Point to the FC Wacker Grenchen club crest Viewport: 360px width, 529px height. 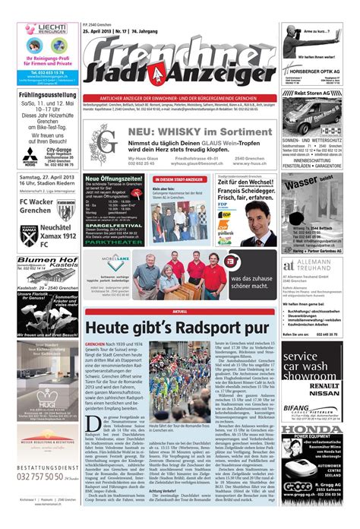[65, 211]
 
